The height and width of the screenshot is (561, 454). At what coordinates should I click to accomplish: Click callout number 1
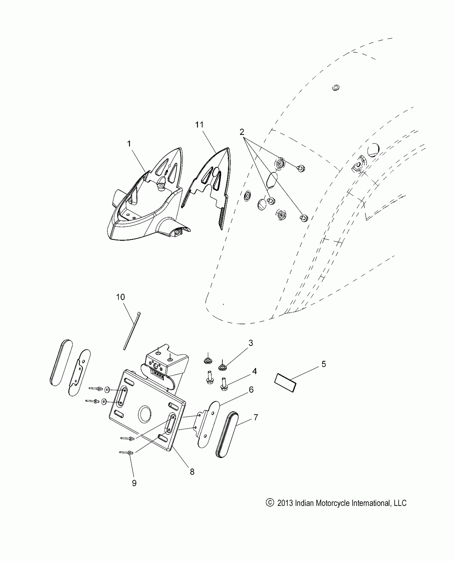pyautogui.click(x=129, y=144)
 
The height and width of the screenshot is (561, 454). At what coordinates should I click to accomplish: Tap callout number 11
pyautogui.click(x=199, y=125)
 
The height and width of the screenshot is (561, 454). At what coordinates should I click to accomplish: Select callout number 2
pyautogui.click(x=242, y=132)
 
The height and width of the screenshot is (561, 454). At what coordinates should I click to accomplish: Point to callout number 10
pyautogui.click(x=120, y=297)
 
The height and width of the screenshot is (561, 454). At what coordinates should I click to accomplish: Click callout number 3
pyautogui.click(x=251, y=343)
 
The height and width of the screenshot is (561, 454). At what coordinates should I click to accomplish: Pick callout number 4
pyautogui.click(x=254, y=371)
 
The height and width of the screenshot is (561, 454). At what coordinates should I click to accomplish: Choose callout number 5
pyautogui.click(x=324, y=364)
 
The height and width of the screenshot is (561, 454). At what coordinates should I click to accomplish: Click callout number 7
pyautogui.click(x=256, y=417)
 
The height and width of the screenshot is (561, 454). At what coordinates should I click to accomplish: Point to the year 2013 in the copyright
pyautogui.click(x=285, y=503)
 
